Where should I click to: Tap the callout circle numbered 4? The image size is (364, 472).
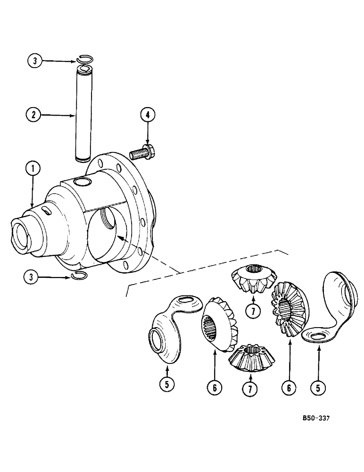tap(147, 115)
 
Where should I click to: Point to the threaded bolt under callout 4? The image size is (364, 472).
tap(143, 153)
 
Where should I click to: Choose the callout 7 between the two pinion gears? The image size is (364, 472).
tap(253, 311)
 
